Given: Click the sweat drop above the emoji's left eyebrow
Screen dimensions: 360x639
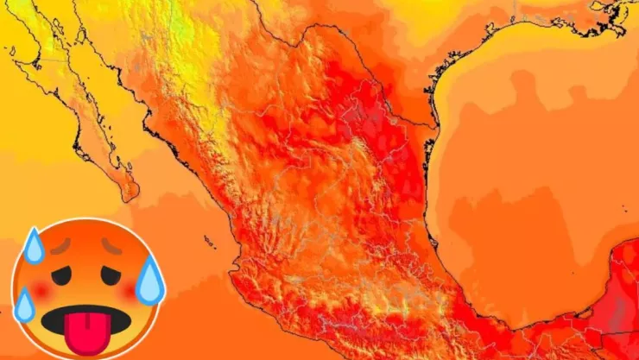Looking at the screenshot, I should pos(34,245).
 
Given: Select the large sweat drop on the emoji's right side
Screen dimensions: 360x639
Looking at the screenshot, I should pos(149,281).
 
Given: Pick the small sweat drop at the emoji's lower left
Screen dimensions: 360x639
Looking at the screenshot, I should pos(24,305).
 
